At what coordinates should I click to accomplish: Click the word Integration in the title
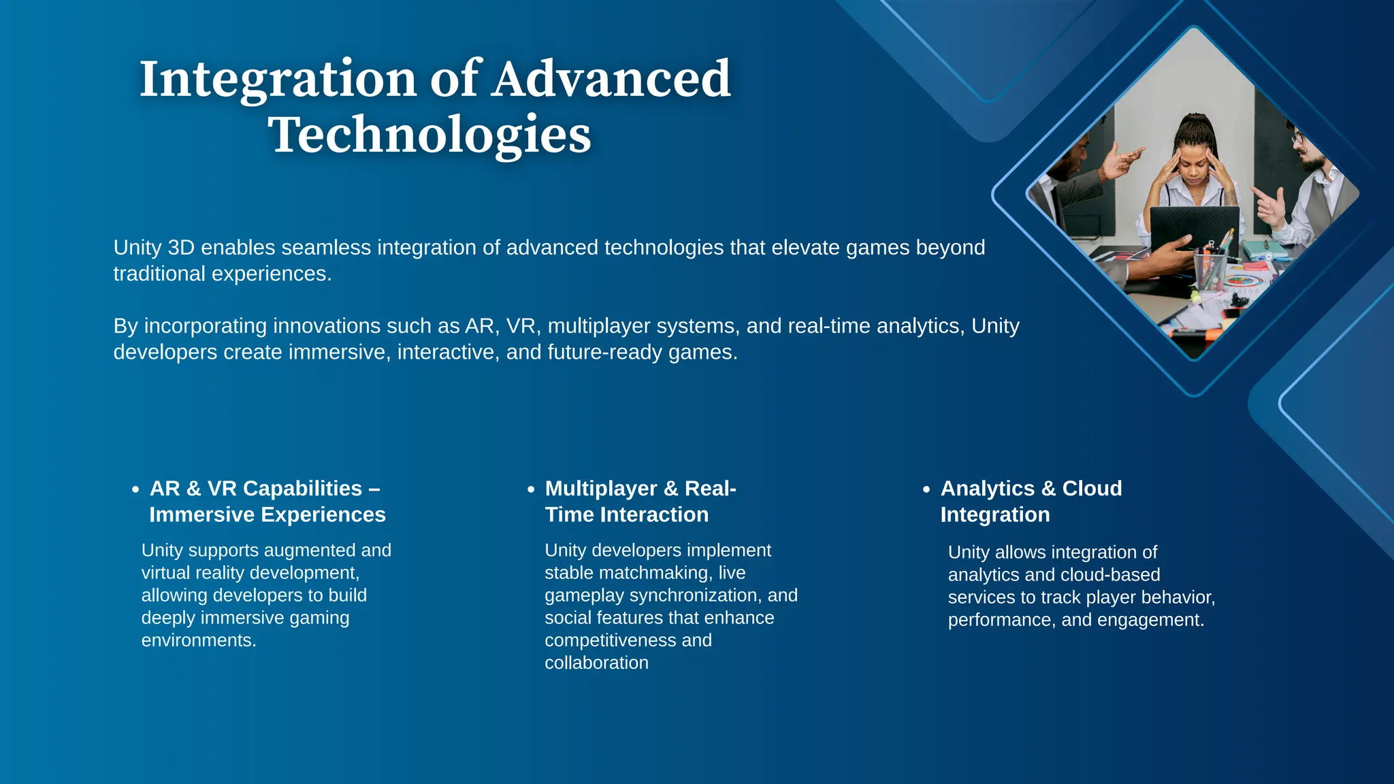pos(278,79)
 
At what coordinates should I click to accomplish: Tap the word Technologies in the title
pos(429,135)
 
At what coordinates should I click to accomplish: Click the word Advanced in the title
pos(611,79)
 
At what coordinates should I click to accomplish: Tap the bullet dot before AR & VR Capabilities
pos(135,489)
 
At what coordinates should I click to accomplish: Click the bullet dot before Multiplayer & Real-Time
pos(531,489)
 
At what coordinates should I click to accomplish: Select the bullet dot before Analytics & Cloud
pos(926,489)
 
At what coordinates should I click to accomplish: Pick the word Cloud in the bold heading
pos(1092,489)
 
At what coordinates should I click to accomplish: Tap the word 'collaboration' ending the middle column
pos(596,663)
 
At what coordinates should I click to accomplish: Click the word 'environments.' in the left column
pos(199,640)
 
